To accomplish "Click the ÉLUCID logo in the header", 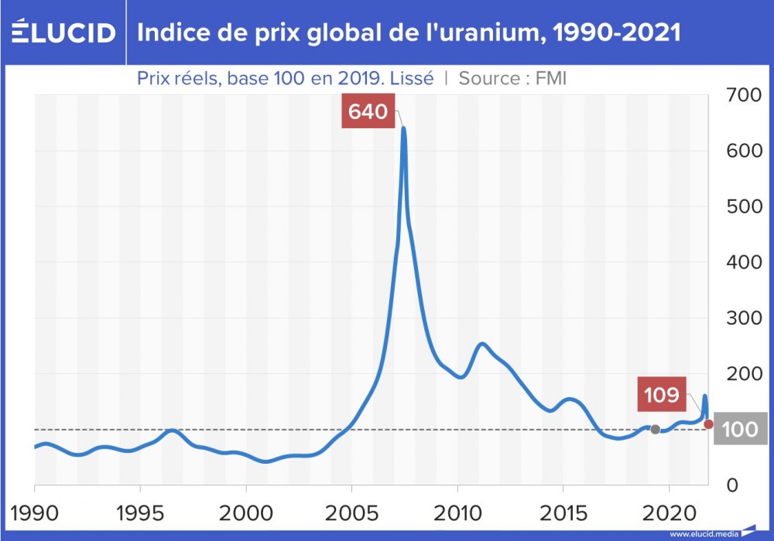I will (x=63, y=32).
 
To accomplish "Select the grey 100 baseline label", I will (x=739, y=429).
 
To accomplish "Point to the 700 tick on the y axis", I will (x=745, y=95).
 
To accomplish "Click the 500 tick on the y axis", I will (x=745, y=206).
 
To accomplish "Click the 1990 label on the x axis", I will (x=35, y=514).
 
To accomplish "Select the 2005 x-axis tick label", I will (x=351, y=514).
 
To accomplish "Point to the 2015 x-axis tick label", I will (x=563, y=514).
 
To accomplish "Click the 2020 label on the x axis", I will (x=668, y=514).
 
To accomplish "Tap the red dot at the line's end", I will (x=708, y=424).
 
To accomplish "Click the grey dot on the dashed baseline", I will (x=655, y=429).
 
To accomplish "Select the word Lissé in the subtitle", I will (x=413, y=78).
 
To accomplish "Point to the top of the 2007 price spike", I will (x=403, y=129).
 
